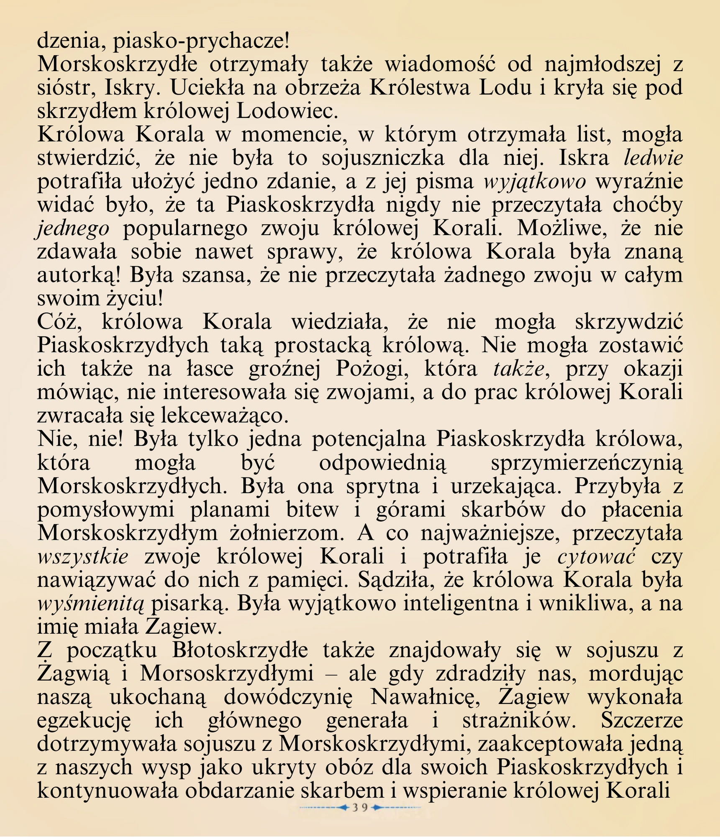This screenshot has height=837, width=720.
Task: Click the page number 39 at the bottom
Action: tap(359, 807)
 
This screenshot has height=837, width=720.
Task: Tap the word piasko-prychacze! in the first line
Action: tap(201, 41)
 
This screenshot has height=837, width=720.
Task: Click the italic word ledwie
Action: tap(653, 158)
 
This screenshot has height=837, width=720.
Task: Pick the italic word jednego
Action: tap(74, 229)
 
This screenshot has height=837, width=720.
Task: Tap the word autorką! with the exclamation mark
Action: tap(79, 275)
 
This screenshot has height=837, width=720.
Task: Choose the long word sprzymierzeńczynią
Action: tap(586, 463)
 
